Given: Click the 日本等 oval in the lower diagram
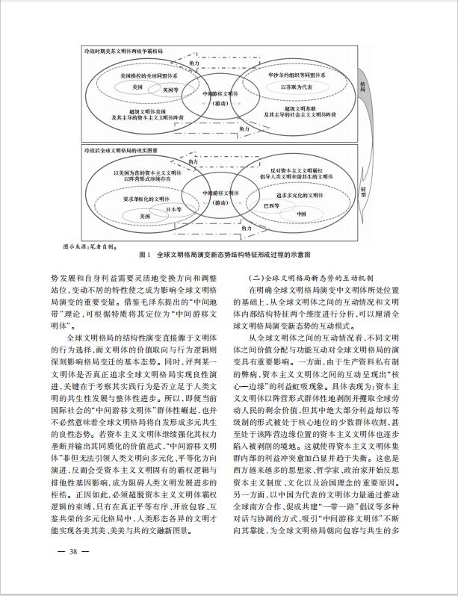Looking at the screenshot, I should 174,208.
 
